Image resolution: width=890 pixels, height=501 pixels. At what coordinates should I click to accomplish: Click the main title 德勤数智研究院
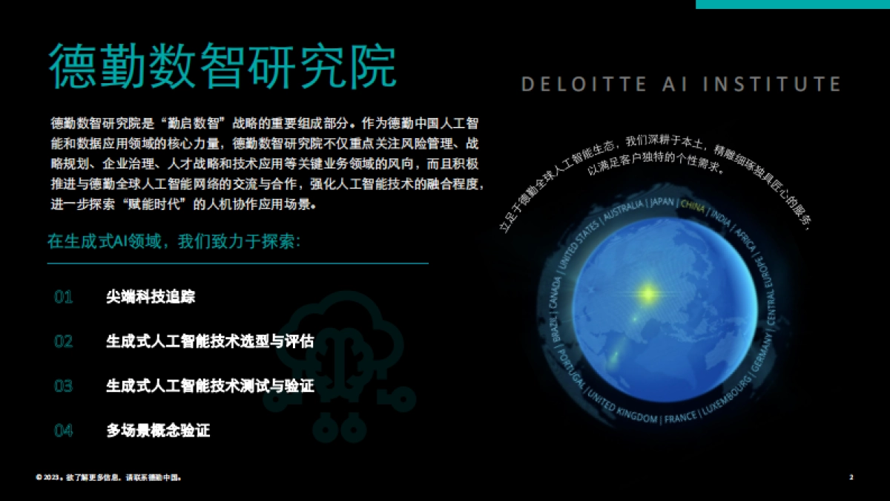(222, 67)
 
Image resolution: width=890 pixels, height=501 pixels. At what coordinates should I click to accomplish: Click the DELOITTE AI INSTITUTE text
(681, 84)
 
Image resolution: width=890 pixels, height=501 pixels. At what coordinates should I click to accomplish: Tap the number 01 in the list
(64, 298)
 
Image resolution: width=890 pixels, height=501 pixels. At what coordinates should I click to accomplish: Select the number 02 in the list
(64, 341)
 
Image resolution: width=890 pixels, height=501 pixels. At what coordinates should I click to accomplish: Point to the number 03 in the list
(64, 386)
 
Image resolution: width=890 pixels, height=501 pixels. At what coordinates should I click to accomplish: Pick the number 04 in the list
(64, 430)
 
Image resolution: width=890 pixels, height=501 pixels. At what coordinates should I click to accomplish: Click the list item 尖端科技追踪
(151, 298)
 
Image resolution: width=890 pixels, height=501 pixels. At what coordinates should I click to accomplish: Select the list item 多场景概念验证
(158, 430)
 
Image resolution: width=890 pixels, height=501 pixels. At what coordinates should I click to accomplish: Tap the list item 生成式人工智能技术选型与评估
(210, 341)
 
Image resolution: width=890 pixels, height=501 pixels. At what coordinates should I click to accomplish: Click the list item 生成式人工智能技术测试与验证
(210, 386)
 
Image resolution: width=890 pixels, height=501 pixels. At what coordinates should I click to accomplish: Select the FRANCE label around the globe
(680, 419)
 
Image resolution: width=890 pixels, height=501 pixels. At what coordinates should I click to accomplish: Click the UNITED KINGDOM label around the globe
(622, 408)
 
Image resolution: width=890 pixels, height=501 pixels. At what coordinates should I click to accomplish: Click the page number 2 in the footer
(851, 477)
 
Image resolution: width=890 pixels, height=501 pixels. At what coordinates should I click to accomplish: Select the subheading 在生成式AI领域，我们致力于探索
(174, 243)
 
